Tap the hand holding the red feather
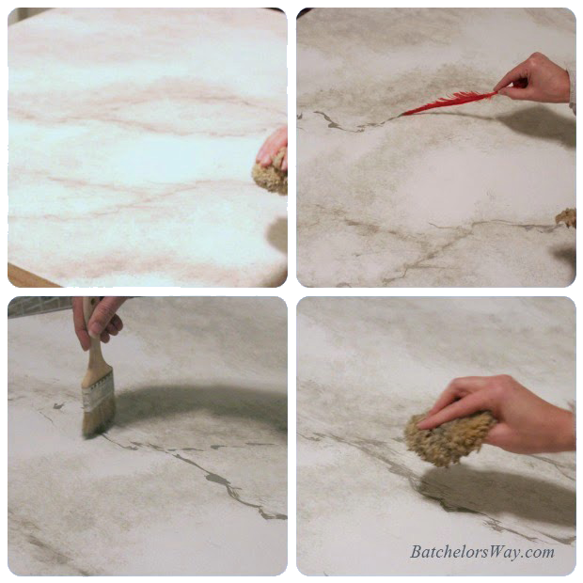(x=535, y=79)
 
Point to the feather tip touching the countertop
(x=402, y=115)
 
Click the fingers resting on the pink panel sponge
(x=274, y=148)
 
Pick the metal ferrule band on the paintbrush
(x=98, y=391)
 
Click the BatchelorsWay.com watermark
(x=482, y=552)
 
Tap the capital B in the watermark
(x=416, y=552)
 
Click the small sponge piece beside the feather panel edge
(x=566, y=218)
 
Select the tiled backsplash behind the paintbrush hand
(x=40, y=306)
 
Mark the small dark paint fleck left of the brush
(x=58, y=405)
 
